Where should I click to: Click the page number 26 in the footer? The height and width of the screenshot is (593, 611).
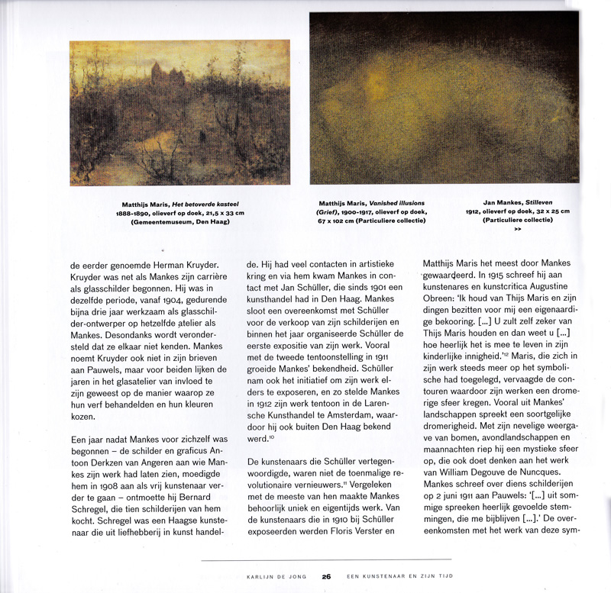[325, 577]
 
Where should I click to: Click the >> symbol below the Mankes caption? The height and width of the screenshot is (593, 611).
[518, 228]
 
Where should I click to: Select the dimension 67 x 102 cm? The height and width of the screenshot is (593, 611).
[344, 221]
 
